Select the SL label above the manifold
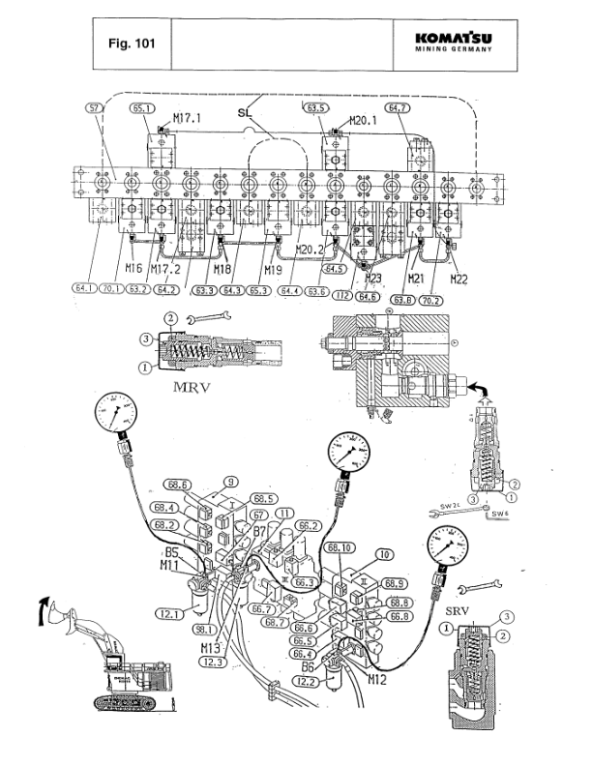[246, 113]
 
